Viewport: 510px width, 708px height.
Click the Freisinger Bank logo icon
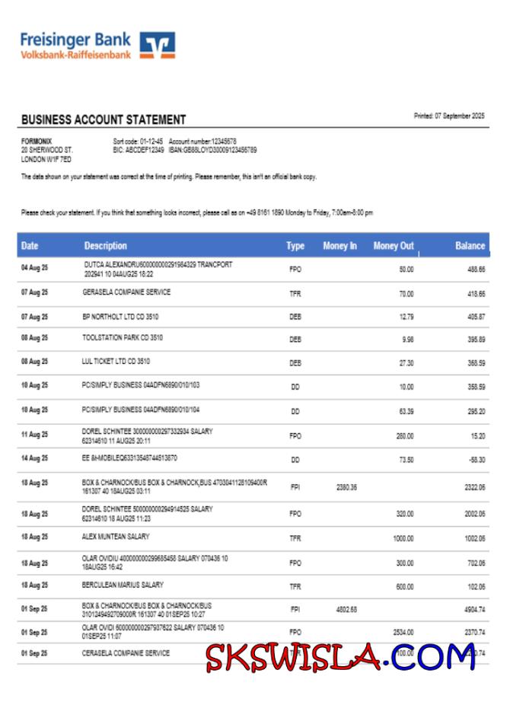(158, 45)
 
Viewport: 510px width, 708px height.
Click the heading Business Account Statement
(104, 120)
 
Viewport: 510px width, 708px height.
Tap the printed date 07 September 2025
(448, 116)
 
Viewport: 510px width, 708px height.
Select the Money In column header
(339, 246)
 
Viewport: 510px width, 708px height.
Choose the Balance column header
(470, 246)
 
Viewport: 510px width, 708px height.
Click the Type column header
(295, 246)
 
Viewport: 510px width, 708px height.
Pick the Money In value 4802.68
(346, 610)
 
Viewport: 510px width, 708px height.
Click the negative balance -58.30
(476, 460)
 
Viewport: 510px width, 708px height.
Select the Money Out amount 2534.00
(403, 632)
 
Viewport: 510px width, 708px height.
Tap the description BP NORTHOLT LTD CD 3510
(120, 316)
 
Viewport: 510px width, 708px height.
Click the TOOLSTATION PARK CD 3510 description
(123, 337)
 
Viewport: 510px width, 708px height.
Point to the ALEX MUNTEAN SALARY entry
(116, 537)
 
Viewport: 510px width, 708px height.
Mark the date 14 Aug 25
(34, 458)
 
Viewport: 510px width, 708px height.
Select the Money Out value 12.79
(406, 317)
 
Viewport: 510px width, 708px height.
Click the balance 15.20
(477, 436)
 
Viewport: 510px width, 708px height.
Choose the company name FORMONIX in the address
(35, 141)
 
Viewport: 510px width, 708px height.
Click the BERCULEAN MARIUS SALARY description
(123, 585)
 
